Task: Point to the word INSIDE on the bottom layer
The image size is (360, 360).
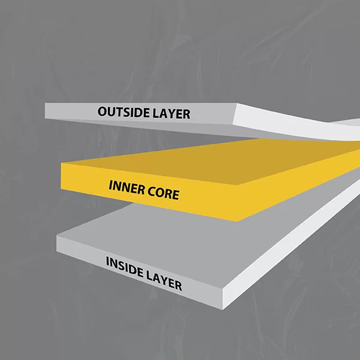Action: tap(124, 267)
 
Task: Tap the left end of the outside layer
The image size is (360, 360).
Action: tap(47, 110)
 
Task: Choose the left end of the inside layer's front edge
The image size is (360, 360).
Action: tap(58, 242)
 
